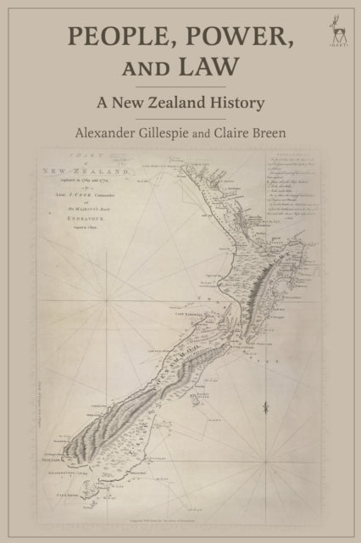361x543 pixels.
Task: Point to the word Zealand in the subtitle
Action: (x=185, y=103)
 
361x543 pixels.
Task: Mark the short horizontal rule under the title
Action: (x=180, y=85)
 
